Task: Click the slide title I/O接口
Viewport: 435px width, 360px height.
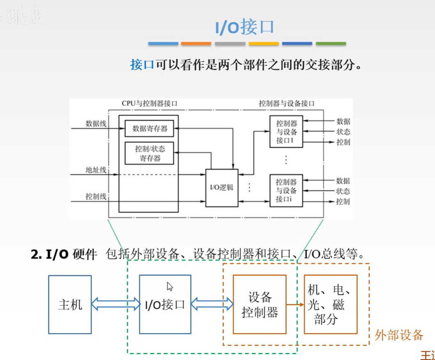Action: [x=245, y=27]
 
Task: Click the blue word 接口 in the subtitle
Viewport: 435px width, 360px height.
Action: [x=142, y=65]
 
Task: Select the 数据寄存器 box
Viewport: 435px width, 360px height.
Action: [x=150, y=128]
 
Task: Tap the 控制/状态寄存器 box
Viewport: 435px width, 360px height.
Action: [x=150, y=153]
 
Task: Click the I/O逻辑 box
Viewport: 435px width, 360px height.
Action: [x=222, y=188]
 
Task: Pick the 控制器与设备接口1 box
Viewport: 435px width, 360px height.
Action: [x=287, y=132]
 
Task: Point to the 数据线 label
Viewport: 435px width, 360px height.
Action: [x=96, y=123]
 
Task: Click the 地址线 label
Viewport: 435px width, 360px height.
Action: [x=96, y=170]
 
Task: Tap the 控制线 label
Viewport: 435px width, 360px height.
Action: [x=96, y=197]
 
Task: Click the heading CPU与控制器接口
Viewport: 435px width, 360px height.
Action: [x=150, y=104]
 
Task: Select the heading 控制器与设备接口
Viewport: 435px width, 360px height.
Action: [x=287, y=104]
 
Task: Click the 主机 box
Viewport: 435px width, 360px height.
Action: [x=70, y=304]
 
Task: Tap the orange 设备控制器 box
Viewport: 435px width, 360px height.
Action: [x=259, y=304]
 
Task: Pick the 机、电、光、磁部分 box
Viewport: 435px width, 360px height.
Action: [x=331, y=304]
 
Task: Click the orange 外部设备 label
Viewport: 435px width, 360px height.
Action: [x=398, y=335]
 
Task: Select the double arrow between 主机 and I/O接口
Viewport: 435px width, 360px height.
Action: [x=116, y=305]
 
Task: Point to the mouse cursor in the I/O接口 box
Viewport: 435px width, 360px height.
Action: [x=169, y=286]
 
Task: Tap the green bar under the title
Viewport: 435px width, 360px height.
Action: [x=331, y=44]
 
